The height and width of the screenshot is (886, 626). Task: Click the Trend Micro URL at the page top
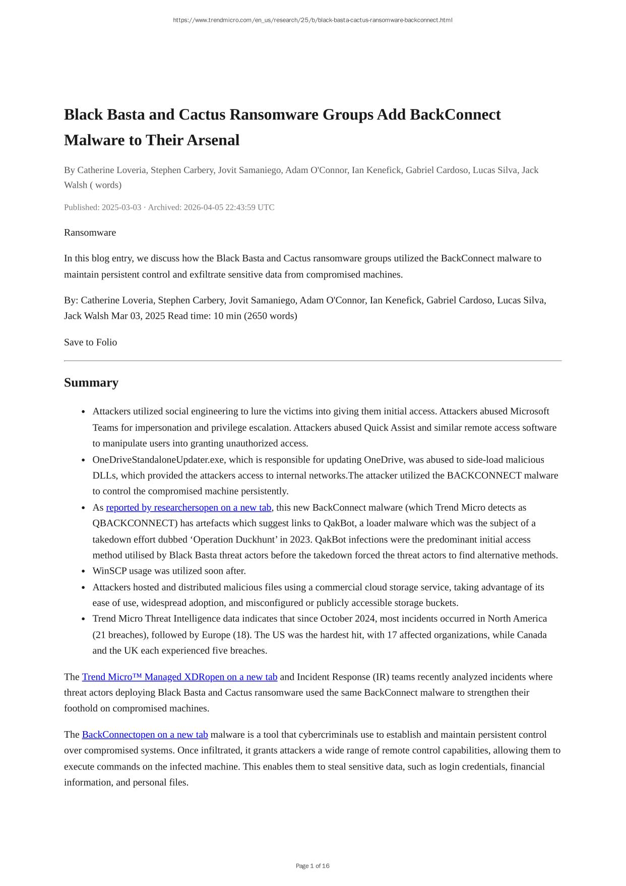312,20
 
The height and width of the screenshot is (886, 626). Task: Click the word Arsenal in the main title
213,140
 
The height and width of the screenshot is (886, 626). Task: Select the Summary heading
91,382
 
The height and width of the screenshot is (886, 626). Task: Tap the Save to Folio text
90,342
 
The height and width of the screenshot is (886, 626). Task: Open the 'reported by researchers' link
189,508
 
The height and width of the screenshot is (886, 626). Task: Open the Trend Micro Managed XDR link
179,677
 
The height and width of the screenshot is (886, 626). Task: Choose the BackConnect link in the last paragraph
145,735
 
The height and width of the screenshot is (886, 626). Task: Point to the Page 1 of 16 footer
312,866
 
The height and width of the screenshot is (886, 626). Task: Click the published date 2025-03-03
121,207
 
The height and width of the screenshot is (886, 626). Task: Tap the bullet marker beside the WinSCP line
83,572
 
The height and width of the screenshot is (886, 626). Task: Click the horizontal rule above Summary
312,361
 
